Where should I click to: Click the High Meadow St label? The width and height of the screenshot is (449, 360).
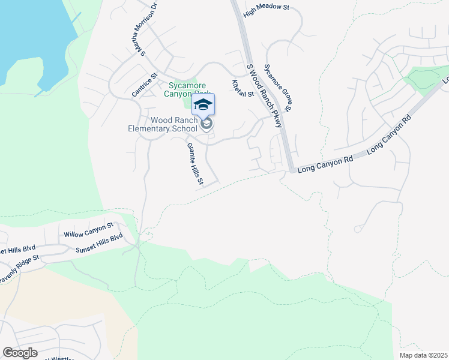point(266,11)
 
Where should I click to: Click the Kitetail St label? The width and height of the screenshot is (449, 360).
point(243,87)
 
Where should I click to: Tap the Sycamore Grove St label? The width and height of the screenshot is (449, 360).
point(277,88)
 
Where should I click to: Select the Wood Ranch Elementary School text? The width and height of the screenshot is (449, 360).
point(163,124)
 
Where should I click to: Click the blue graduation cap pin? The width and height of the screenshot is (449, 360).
point(203,104)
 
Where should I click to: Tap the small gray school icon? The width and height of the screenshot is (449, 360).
point(207,124)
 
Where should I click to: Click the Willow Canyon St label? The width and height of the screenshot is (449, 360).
point(88,229)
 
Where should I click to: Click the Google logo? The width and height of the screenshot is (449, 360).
point(20,352)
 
